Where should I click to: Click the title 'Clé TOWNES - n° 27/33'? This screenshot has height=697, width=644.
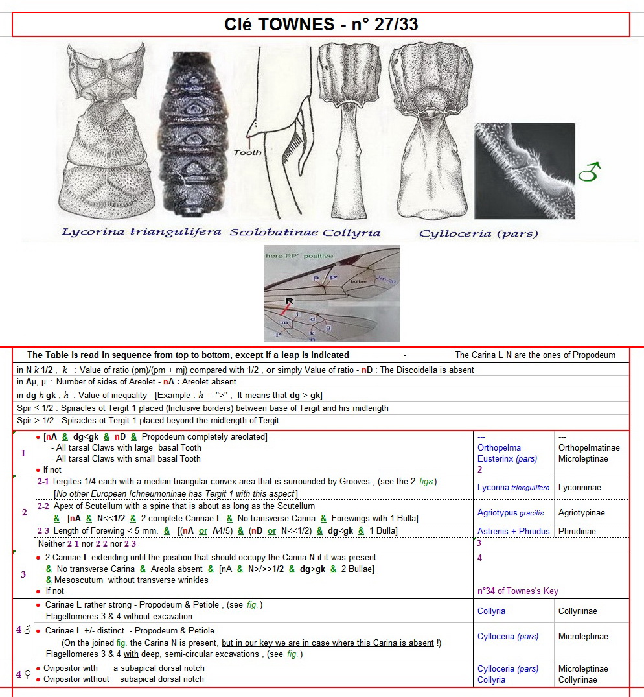pos(321,25)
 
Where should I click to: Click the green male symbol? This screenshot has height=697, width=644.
pos(592,172)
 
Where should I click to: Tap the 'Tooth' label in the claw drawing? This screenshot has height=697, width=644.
pos(248,152)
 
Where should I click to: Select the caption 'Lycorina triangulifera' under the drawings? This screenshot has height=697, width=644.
pos(141,231)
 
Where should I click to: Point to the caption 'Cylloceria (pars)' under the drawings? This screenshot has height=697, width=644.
pos(479,233)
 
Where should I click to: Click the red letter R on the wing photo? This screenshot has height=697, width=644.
pos(290,301)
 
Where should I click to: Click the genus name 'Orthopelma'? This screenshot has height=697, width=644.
pos(499,447)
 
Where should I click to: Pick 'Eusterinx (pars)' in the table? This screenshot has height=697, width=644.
pos(507,458)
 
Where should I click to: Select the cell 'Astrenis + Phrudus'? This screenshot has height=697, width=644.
pos(513,531)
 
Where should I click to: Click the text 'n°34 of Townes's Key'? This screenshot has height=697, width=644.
pos(517,591)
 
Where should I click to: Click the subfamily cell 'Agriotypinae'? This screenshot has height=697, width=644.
pos(581,513)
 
